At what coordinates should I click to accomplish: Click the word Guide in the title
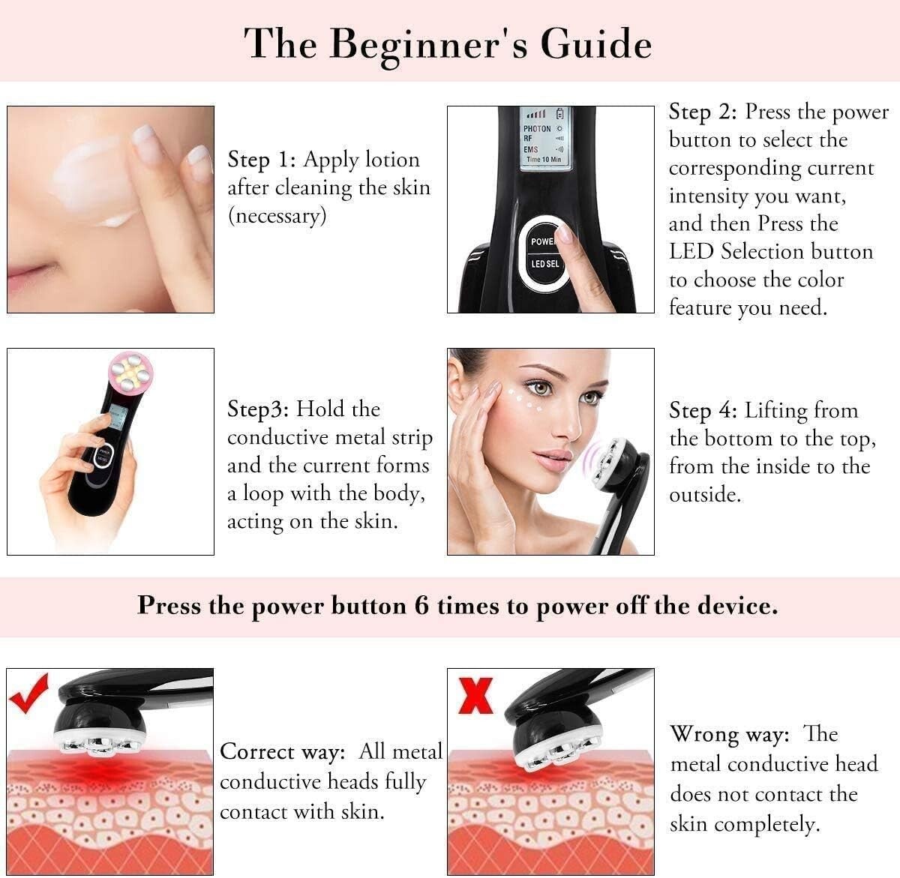pyautogui.click(x=596, y=44)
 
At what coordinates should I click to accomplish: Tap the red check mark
pyautogui.click(x=28, y=694)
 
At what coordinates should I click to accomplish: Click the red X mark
pyautogui.click(x=475, y=696)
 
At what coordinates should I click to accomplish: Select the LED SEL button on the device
pyautogui.click(x=544, y=263)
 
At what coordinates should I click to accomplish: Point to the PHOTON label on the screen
pyautogui.click(x=537, y=128)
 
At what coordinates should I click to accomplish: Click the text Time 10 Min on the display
pyautogui.click(x=544, y=160)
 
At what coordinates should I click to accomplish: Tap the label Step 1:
pyautogui.click(x=261, y=160)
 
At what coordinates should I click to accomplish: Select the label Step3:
pyautogui.click(x=258, y=409)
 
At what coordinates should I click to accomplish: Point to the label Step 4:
pyautogui.click(x=703, y=411)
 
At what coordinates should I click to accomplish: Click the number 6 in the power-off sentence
pyautogui.click(x=421, y=606)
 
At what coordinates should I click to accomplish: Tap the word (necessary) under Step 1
pyautogui.click(x=277, y=216)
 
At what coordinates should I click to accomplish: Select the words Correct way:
pyautogui.click(x=283, y=751)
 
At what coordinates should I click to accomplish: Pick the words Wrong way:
pyautogui.click(x=730, y=734)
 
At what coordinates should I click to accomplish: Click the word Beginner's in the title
pyautogui.click(x=429, y=45)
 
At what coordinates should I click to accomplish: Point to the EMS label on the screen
pyautogui.click(x=530, y=149)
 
